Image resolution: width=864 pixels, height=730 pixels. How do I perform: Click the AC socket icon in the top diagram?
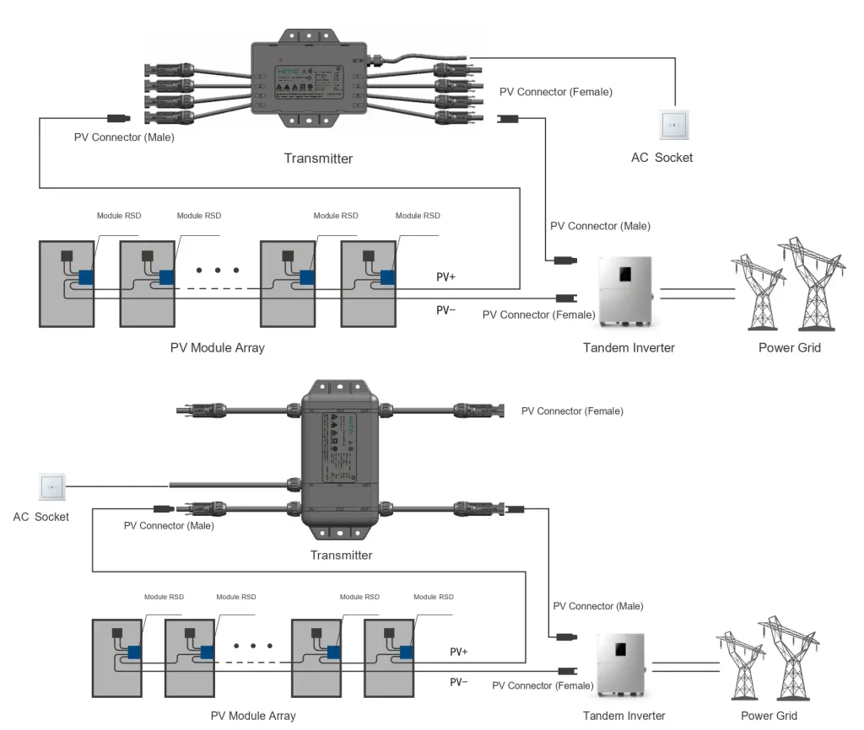point(673,126)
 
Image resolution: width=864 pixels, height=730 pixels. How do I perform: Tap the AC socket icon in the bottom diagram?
point(51,487)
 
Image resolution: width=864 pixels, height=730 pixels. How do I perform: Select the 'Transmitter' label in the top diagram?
point(318,158)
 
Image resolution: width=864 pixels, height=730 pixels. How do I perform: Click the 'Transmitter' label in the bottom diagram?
point(341,555)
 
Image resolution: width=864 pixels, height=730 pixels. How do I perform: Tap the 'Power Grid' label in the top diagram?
point(790,347)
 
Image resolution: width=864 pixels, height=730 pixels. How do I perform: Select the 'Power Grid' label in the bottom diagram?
point(769,716)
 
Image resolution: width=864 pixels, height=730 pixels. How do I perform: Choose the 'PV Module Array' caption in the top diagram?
point(217,347)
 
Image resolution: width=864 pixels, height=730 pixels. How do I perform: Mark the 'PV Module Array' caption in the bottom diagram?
point(253,716)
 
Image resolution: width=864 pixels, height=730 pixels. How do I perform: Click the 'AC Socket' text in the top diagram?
point(661,158)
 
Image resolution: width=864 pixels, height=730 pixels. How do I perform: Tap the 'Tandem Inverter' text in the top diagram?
point(629,347)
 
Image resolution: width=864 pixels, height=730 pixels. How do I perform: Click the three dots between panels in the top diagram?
point(218,271)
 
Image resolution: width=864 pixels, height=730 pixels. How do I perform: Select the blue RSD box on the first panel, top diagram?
point(86,277)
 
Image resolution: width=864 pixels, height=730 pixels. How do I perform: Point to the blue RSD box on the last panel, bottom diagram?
point(408,652)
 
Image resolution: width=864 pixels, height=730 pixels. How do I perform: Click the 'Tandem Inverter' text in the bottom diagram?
point(624,716)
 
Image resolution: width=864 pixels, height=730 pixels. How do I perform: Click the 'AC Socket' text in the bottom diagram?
point(40,516)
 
